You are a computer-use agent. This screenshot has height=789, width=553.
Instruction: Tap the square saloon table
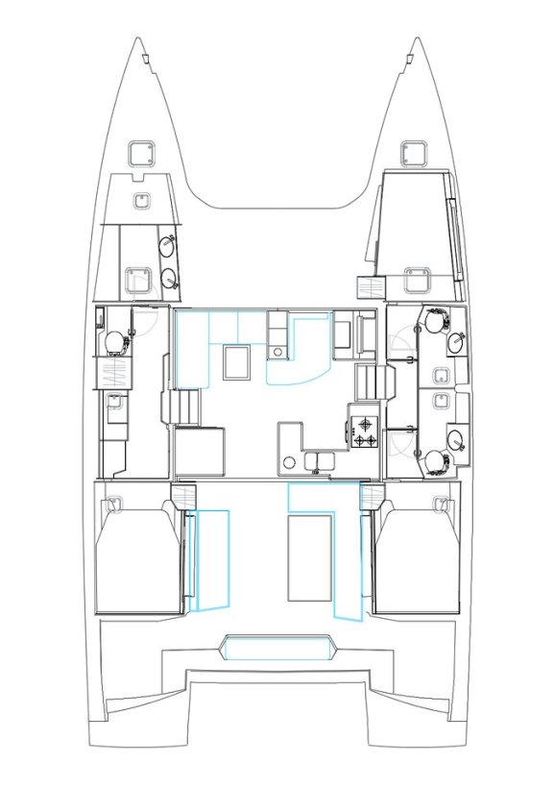[235, 362]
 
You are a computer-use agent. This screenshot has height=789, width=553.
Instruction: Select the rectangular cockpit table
[309, 556]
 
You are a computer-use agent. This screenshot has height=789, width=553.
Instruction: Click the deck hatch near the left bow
[141, 152]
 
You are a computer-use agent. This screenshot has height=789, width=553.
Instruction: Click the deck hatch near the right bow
[413, 151]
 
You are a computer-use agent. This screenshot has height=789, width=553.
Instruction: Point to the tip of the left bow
[137, 39]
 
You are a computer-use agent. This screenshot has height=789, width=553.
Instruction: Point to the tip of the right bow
[416, 39]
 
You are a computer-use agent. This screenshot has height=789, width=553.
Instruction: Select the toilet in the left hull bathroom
[114, 339]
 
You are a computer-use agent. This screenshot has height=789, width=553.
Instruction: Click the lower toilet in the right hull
[437, 462]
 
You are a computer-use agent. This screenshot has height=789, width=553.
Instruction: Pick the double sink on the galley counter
[318, 461]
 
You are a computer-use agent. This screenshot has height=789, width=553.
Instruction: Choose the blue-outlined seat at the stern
[277, 648]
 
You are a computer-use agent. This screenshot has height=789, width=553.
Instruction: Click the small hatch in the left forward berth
[141, 200]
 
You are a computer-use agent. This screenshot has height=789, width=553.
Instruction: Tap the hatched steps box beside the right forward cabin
[370, 285]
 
